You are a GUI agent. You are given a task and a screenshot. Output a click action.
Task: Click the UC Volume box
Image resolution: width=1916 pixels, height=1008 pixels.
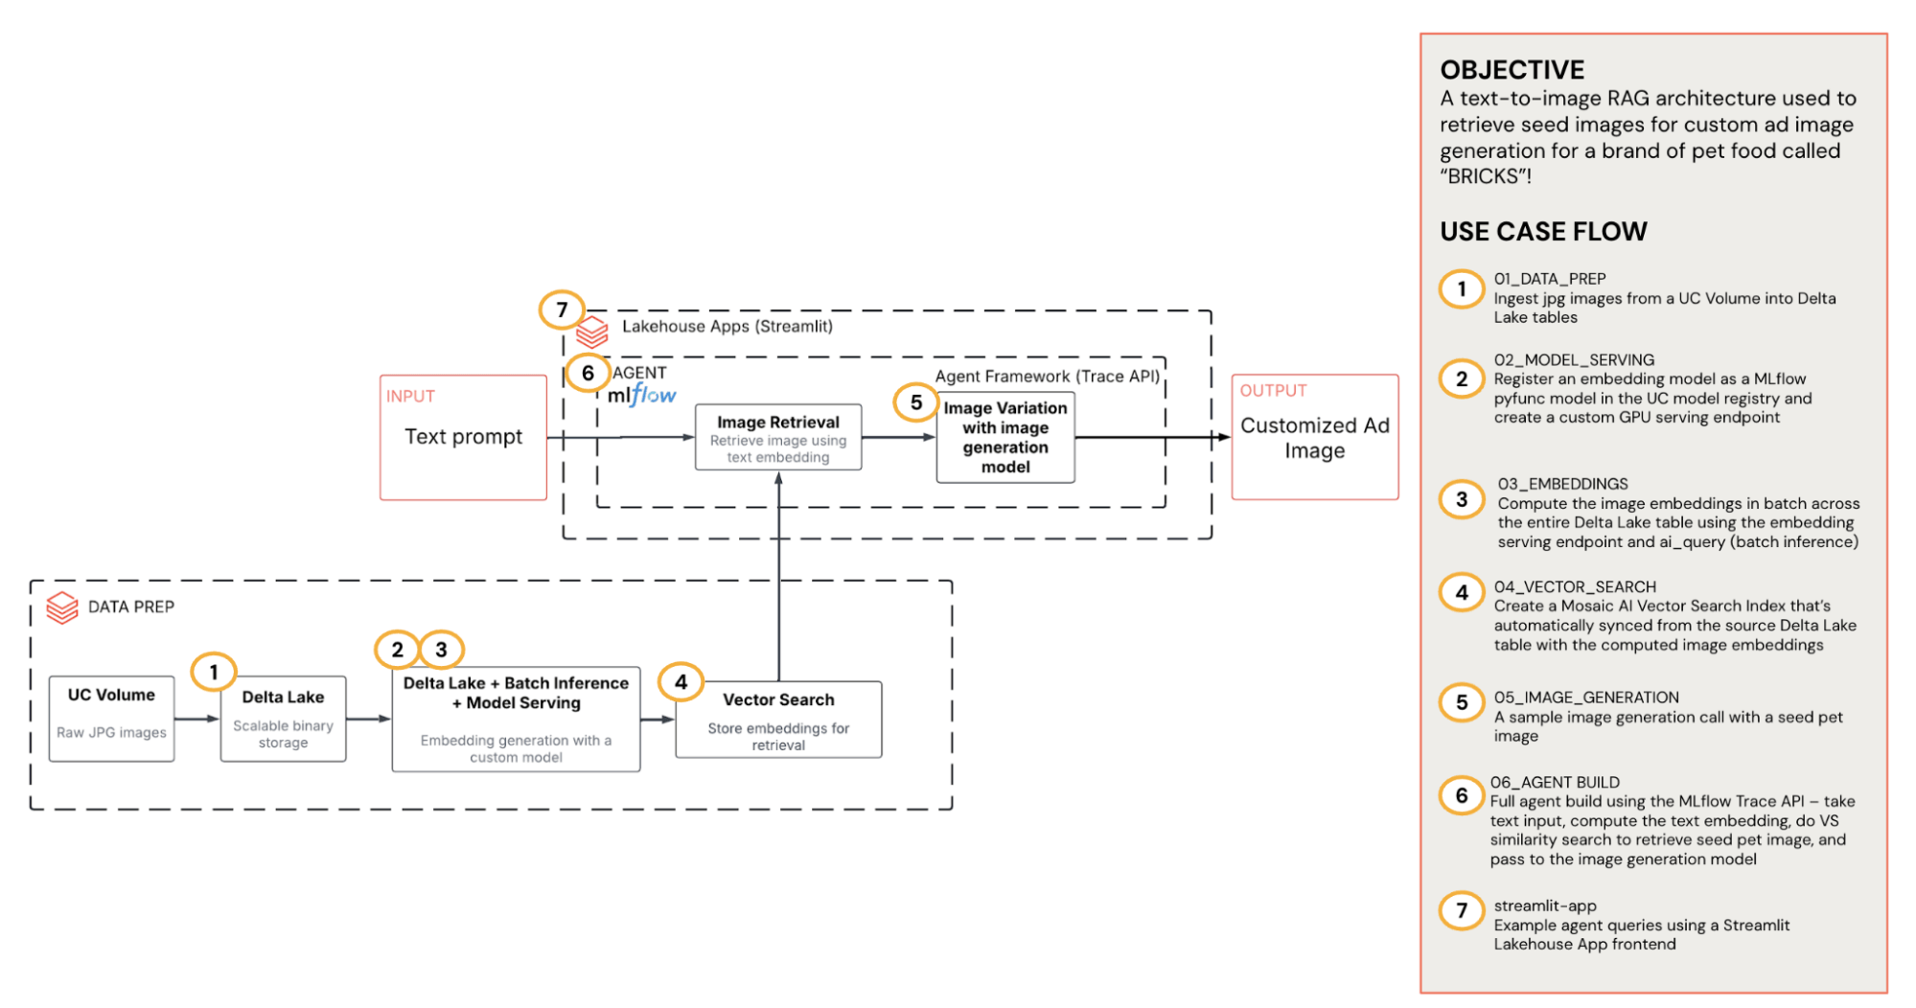(111, 718)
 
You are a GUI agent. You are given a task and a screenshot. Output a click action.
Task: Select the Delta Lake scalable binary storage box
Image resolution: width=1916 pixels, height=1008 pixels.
(283, 719)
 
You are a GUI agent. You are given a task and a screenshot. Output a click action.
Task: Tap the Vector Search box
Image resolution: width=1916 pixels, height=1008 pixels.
(778, 720)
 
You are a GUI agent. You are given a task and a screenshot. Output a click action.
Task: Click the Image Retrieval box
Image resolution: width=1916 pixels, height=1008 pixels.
(778, 438)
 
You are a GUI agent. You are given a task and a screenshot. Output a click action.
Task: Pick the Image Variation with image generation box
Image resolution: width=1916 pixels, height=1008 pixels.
(1005, 438)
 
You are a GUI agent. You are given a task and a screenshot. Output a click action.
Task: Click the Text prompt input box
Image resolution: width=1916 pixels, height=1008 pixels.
(463, 437)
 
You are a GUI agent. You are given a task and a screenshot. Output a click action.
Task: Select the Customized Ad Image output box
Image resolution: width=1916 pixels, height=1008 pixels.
(1314, 437)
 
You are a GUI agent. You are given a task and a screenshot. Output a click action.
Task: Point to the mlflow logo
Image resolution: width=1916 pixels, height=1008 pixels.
(641, 395)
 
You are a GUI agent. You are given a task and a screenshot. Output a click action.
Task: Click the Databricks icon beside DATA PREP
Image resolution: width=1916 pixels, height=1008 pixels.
(62, 607)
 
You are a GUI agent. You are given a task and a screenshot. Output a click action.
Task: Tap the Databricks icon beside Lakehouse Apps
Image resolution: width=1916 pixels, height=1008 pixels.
(592, 332)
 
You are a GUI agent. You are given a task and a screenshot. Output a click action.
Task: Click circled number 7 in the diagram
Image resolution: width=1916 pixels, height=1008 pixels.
(562, 309)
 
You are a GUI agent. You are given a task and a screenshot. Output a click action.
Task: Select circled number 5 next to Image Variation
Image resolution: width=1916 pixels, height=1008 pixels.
(916, 402)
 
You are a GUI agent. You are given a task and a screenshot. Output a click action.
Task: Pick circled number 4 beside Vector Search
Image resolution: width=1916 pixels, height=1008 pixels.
(681, 682)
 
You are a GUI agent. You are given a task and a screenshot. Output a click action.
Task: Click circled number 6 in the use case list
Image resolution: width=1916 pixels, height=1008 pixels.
(1462, 795)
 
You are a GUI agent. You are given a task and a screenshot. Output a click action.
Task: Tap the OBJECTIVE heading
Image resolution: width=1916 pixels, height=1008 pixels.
(1512, 70)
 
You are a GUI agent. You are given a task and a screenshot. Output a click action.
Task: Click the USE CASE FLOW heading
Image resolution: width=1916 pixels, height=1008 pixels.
(1543, 232)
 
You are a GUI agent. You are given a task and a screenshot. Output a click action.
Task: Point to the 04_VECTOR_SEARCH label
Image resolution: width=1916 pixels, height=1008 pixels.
(1574, 586)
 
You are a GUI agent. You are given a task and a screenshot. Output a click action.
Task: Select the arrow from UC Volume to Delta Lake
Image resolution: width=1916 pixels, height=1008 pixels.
(196, 719)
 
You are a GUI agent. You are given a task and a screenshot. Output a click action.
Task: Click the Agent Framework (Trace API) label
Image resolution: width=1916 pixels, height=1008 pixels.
(1047, 377)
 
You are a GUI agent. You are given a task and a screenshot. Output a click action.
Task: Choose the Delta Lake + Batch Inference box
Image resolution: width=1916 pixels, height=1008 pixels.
(516, 719)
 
